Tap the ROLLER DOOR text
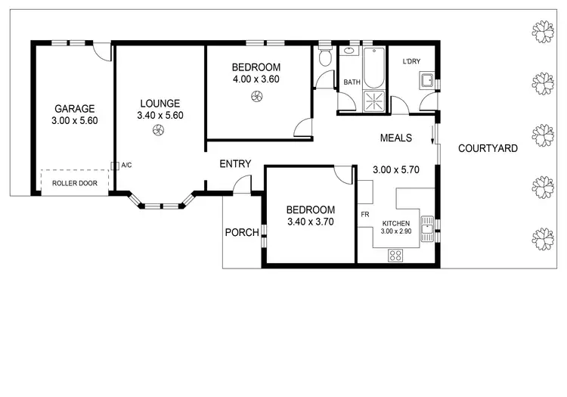tap(75, 182)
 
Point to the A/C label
tap(125, 164)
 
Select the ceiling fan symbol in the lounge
tap(157, 132)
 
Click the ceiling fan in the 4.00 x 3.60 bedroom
tap(256, 95)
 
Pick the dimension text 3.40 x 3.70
tap(311, 222)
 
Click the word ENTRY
tap(235, 164)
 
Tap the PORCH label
tap(242, 232)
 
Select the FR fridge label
tap(364, 215)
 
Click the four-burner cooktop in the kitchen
tap(395, 255)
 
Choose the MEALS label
tap(395, 138)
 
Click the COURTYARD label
tap(488, 148)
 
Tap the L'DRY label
tap(411, 61)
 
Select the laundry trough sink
tap(426, 79)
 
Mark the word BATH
tap(352, 82)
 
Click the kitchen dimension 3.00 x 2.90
tap(395, 232)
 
